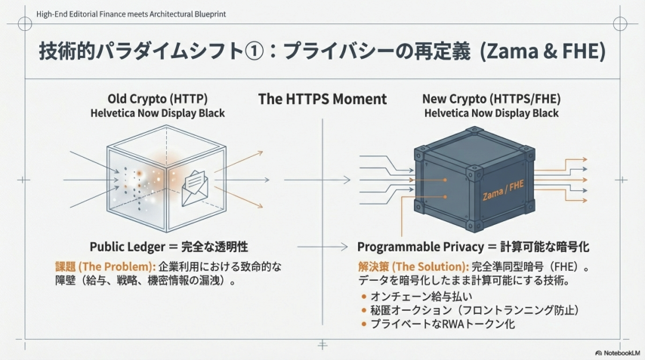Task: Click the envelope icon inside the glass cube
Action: coord(195,182)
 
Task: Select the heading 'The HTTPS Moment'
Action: coord(322,99)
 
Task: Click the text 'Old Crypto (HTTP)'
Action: coord(157,99)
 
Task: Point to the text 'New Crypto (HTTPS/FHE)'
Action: coord(491,99)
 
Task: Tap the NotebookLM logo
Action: coord(618,352)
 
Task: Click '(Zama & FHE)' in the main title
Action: coord(543,53)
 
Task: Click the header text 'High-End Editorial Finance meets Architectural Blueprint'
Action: coord(131,14)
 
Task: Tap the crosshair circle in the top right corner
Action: coord(619,23)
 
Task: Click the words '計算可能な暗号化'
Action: coord(554,247)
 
